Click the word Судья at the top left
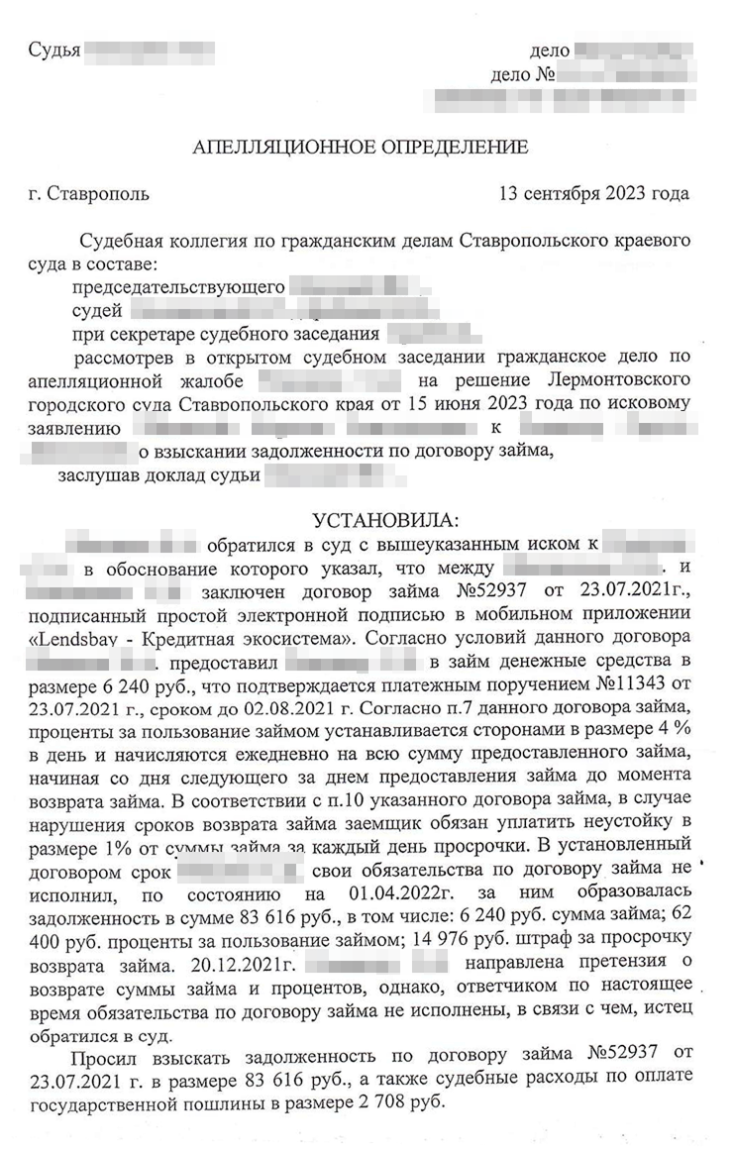53,49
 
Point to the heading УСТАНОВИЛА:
386,521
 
